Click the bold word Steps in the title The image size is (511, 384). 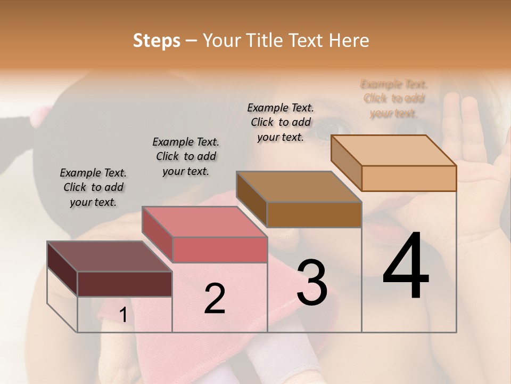pos(156,41)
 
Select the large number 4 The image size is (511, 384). pos(406,266)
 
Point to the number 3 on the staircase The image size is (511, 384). pos(312,282)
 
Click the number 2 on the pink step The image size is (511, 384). pos(215,299)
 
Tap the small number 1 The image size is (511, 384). pos(123,315)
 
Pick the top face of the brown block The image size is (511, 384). pos(299,187)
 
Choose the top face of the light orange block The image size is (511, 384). pos(393,150)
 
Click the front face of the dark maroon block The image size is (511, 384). pos(125,284)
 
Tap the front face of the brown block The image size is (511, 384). pos(314,214)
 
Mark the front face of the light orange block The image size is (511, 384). pos(409,178)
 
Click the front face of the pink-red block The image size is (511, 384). pos(220,250)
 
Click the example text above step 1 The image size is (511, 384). pos(93,187)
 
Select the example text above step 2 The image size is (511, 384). pos(186,156)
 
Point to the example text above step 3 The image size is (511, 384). pos(281,122)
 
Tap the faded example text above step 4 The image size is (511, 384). pos(394,99)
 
